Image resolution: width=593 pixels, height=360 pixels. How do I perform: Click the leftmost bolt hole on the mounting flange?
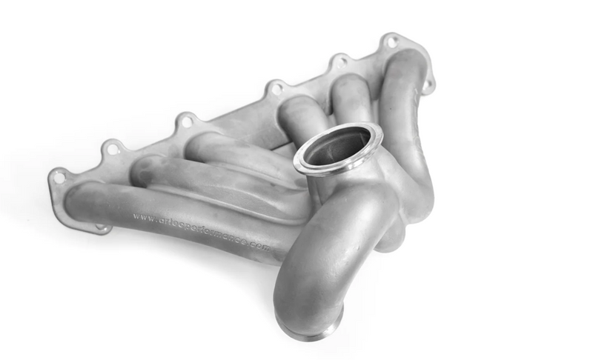click(x=58, y=177)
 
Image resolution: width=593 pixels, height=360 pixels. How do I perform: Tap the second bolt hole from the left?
click(x=113, y=149)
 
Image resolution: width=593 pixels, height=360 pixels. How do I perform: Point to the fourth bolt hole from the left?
click(x=276, y=88)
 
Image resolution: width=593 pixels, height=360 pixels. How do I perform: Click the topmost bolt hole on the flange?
click(x=391, y=41)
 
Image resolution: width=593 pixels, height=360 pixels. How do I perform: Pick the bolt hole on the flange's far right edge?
click(x=428, y=84)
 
